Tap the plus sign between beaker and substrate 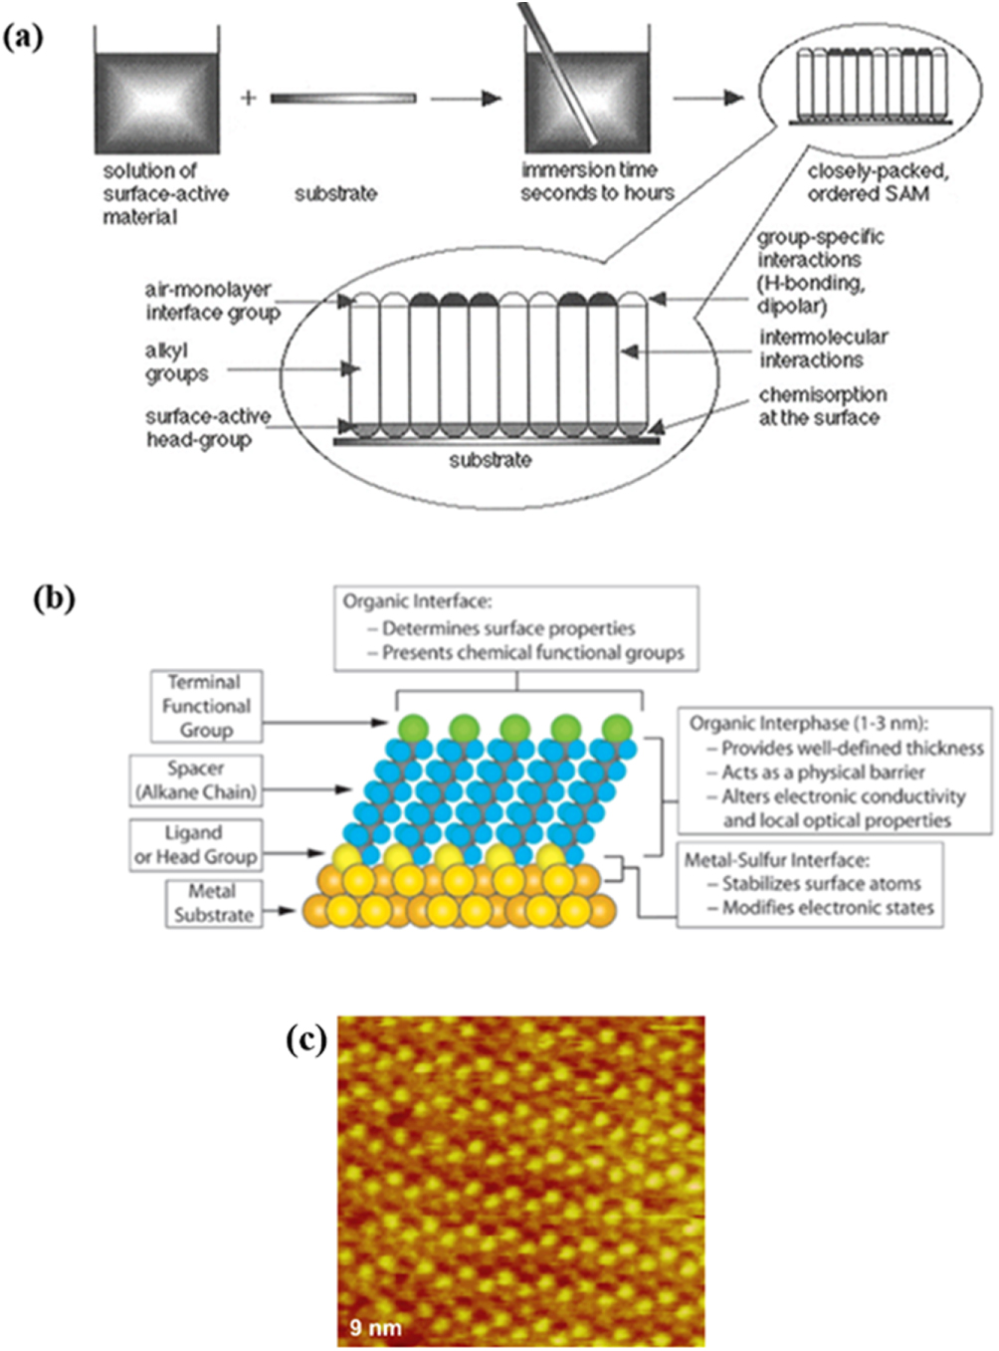click(248, 98)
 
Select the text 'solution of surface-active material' click(164, 193)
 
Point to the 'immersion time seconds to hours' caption click(596, 181)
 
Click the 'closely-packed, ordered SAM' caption click(877, 182)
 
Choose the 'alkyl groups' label click(176, 362)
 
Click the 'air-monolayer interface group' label click(211, 301)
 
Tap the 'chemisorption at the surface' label click(822, 406)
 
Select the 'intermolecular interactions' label click(823, 348)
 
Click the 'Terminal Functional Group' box click(206, 706)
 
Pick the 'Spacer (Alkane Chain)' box click(196, 781)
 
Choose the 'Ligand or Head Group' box click(196, 844)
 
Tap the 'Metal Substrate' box click(213, 903)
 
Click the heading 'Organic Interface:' click(417, 601)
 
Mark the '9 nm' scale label click(375, 1327)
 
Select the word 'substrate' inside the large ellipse click(490, 460)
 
